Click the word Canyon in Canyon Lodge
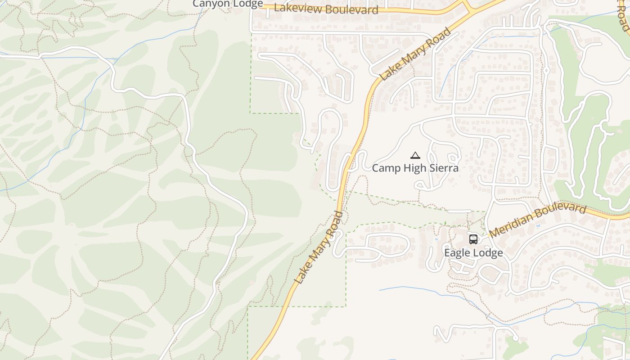209,4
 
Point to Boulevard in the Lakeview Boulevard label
351,9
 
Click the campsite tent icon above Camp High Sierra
415,156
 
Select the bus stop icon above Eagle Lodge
473,239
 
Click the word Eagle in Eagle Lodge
457,253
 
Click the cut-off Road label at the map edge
624,16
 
